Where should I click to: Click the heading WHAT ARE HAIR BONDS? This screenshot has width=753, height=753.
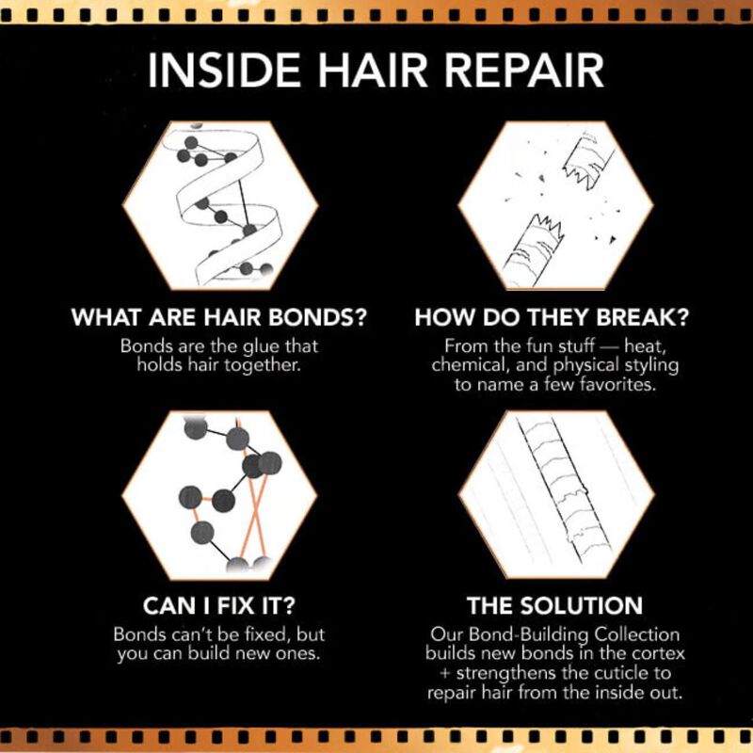(219, 317)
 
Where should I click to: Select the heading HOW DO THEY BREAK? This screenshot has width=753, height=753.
(553, 317)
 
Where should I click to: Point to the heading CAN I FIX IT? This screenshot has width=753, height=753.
(219, 604)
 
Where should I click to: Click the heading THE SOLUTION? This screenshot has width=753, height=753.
(553, 604)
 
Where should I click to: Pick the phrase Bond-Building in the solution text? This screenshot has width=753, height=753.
(535, 633)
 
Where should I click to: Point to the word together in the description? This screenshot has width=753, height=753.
(265, 364)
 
